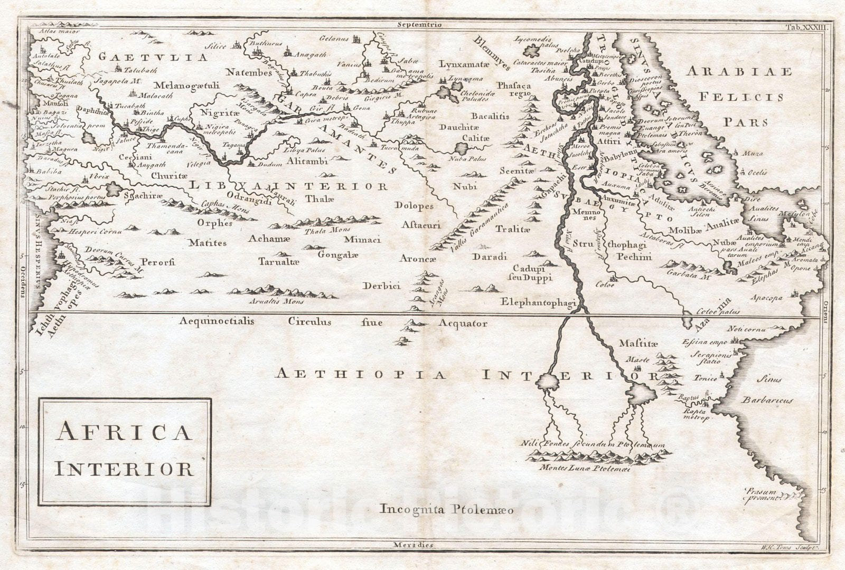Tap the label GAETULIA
point(153,57)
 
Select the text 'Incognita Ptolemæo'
point(446,509)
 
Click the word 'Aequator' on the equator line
point(463,324)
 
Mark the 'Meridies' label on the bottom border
point(413,545)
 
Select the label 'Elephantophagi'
point(538,302)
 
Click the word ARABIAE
point(739,71)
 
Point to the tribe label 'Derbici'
point(381,286)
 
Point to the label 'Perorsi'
point(158,262)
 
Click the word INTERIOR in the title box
point(124,469)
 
